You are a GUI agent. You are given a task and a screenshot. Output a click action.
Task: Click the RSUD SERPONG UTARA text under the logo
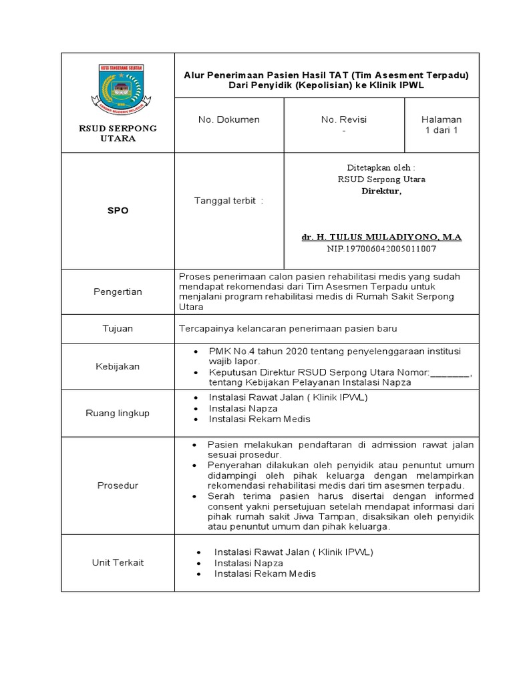pyautogui.click(x=118, y=133)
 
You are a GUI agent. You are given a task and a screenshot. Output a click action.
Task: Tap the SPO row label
pyautogui.click(x=118, y=210)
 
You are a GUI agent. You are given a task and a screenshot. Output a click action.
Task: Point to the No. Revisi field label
pyautogui.click(x=344, y=119)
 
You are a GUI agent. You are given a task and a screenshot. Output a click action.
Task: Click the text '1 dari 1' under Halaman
pyautogui.click(x=441, y=130)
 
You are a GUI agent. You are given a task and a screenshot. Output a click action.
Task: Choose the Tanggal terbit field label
pyautogui.click(x=228, y=201)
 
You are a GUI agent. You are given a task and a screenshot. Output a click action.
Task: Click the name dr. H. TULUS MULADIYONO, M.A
pyautogui.click(x=381, y=237)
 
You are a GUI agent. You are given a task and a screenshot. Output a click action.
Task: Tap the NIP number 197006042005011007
pyautogui.click(x=381, y=249)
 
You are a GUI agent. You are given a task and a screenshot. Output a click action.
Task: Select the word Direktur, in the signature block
pyautogui.click(x=381, y=191)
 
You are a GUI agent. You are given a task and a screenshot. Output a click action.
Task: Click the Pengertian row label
pyautogui.click(x=117, y=291)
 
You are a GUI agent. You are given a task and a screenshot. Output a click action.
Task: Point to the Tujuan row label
pyautogui.click(x=118, y=328)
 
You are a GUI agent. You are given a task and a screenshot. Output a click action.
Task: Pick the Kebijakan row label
pyautogui.click(x=118, y=366)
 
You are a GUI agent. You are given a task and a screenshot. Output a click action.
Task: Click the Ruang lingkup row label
pyautogui.click(x=118, y=413)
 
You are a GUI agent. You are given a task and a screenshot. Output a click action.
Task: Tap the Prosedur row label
pyautogui.click(x=118, y=486)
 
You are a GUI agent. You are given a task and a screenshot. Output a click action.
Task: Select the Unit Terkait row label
pyautogui.click(x=118, y=562)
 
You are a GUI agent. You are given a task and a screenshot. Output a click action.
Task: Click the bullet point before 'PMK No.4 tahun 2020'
pyautogui.click(x=195, y=351)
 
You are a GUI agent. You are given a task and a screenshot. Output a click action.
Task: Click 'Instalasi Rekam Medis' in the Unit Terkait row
pyautogui.click(x=265, y=574)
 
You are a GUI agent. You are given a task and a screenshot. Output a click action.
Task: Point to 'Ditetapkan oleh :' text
pyautogui.click(x=381, y=167)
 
